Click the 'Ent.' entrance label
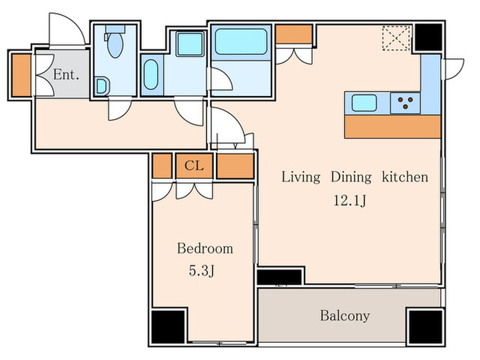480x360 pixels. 66,74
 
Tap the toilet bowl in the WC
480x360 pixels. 115,45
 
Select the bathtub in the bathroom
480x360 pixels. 241,42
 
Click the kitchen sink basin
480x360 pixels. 364,103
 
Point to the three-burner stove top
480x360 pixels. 405,103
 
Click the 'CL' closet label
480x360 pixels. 194,166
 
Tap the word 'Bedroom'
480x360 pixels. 205,248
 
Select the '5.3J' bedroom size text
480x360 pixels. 202,271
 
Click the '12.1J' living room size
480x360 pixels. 350,201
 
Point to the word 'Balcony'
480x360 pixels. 345,315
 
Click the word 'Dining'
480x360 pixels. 351,177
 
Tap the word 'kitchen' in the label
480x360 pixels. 405,177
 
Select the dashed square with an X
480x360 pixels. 396,38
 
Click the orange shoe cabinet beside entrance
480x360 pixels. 21,75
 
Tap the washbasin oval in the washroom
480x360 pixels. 151,74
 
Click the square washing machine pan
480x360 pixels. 190,45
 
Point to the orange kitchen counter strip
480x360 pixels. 392,126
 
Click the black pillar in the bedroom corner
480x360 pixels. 168,326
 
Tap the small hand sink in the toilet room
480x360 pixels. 102,86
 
